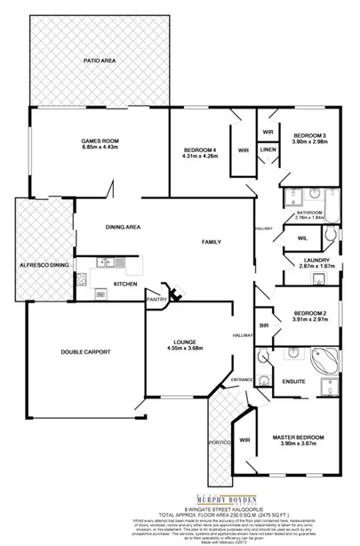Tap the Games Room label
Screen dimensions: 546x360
click(100, 142)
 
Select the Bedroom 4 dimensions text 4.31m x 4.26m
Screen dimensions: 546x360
click(200, 156)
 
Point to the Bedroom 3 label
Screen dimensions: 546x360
click(310, 135)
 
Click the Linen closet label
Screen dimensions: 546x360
click(268, 149)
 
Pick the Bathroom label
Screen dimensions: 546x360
click(309, 213)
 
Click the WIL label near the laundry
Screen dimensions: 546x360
click(302, 237)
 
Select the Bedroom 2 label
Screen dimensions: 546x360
click(310, 315)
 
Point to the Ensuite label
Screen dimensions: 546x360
click(293, 382)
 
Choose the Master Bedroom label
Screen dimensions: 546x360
click(297, 438)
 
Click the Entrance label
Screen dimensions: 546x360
click(243, 380)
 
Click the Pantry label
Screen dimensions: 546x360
click(158, 301)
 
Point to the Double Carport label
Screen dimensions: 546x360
click(85, 352)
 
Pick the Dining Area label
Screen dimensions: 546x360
click(124, 227)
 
